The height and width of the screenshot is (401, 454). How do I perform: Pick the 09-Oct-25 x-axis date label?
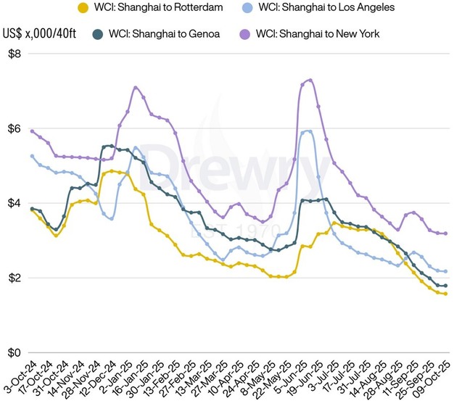click(x=437, y=377)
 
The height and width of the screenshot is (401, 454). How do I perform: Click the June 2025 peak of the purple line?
click(x=310, y=80)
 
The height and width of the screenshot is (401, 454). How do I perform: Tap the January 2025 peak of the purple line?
click(x=136, y=88)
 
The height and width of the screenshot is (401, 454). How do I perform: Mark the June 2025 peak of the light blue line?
click(x=309, y=131)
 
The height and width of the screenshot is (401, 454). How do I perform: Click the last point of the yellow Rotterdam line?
click(x=445, y=294)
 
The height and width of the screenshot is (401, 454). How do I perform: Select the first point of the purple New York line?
click(x=32, y=131)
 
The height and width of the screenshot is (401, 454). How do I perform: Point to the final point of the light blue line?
click(x=445, y=271)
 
